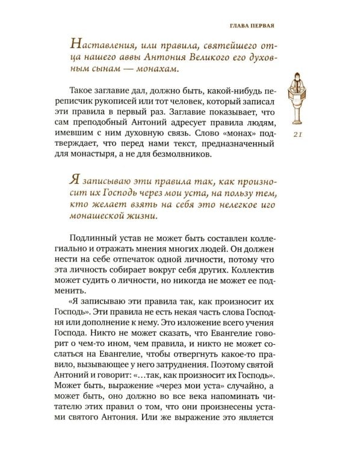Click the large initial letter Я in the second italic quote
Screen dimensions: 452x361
(75, 178)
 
